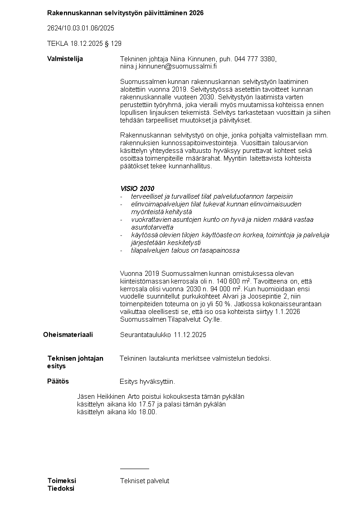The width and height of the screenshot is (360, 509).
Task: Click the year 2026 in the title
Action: pos(196,13)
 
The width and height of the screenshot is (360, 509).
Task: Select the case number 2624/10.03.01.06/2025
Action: pos(81,28)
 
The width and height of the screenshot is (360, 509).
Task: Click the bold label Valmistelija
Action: pos(65,59)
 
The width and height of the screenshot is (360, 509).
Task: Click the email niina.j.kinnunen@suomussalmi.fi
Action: pos(168,66)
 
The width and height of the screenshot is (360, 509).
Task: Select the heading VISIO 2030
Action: pos(137,189)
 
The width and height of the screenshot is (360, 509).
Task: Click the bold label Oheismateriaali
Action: pos(68,335)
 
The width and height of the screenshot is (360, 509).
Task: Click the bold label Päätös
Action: pos(58,381)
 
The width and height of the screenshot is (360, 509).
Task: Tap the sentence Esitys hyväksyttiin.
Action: pos(147,382)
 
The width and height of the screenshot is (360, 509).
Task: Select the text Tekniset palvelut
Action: pos(145,481)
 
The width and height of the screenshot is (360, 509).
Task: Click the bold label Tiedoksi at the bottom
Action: pos(61,489)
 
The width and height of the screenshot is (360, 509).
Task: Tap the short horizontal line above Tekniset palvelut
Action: pos(134,468)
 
